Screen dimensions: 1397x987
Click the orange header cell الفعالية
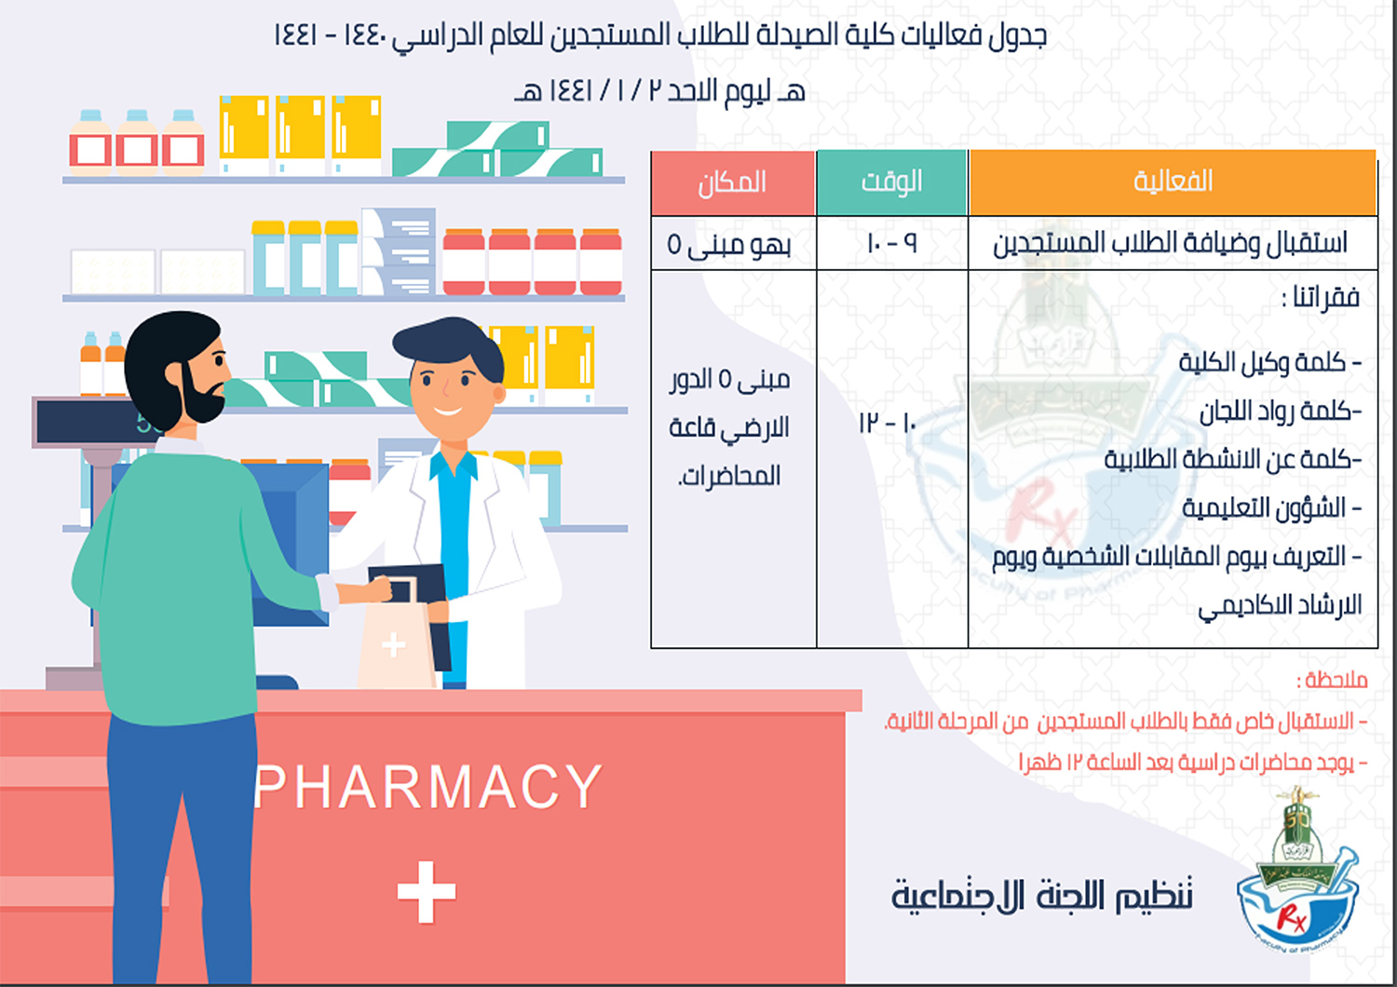click(x=1173, y=183)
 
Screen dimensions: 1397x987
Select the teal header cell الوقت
click(x=892, y=183)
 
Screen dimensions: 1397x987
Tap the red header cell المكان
click(x=733, y=183)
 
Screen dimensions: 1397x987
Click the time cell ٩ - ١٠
click(x=892, y=243)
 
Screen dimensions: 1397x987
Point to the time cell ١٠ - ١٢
click(x=888, y=424)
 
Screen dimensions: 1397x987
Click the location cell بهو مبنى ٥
click(x=729, y=245)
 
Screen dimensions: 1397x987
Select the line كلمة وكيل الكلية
click(x=1269, y=362)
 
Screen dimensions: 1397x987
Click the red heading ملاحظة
click(x=1332, y=680)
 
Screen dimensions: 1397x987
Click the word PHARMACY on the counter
click(x=428, y=787)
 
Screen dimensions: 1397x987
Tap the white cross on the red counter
click(x=427, y=892)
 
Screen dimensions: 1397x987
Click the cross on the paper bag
click(x=394, y=644)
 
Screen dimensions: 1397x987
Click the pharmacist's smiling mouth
click(x=447, y=411)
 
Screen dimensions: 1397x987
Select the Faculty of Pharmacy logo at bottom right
click(x=1298, y=872)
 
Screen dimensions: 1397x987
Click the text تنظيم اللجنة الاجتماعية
click(x=1042, y=895)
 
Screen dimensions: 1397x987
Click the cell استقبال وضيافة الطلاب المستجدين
click(x=1170, y=242)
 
